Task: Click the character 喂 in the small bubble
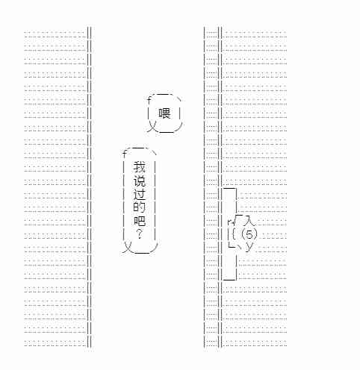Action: point(164,113)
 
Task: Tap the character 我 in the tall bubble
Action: point(139,167)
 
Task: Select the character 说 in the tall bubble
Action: point(139,181)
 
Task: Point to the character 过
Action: point(139,195)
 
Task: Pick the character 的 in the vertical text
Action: point(139,207)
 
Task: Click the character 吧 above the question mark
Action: point(139,221)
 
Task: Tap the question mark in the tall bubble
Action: point(140,233)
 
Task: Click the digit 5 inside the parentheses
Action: point(249,234)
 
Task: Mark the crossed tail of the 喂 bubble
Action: point(151,126)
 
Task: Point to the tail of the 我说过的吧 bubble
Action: point(127,248)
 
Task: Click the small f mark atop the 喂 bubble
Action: point(149,100)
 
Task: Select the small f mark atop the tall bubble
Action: point(125,154)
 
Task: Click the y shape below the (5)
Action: point(249,248)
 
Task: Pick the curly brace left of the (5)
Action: point(234,234)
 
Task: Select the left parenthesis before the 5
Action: point(243,234)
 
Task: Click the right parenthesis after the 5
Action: point(255,234)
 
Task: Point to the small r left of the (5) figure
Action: point(230,221)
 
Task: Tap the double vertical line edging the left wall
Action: point(89,186)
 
